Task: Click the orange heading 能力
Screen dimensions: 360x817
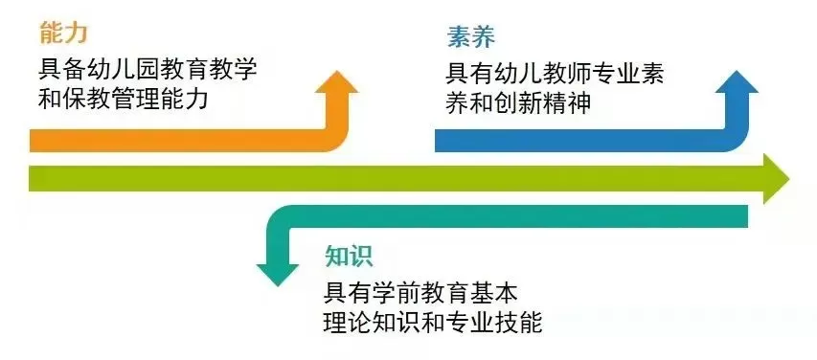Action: (63, 33)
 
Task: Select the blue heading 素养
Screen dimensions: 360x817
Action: (470, 37)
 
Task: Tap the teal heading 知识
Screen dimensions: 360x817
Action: (348, 256)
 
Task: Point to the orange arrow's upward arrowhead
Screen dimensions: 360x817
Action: (339, 81)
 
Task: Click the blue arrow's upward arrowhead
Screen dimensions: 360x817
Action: (738, 82)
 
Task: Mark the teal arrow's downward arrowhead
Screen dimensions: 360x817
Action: (278, 273)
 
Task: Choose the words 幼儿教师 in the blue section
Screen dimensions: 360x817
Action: (538, 74)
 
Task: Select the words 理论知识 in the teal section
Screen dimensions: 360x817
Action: (371, 322)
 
